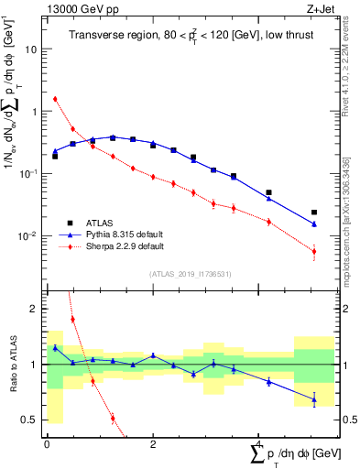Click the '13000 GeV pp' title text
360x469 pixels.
79,8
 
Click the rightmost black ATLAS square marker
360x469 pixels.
314,213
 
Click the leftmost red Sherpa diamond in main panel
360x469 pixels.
55,99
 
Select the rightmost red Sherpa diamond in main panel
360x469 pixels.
314,251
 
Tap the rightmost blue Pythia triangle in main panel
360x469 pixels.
314,224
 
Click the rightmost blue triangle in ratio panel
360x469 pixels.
314,398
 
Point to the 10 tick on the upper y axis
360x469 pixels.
34,49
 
